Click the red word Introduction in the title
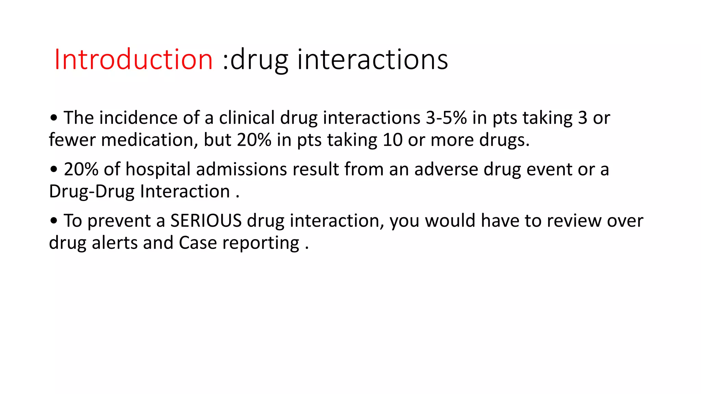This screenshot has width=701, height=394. click(133, 60)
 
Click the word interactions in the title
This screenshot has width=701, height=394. click(372, 60)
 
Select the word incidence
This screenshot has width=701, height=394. click(138, 118)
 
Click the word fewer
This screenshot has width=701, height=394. click(72, 140)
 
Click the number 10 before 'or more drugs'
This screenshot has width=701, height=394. click(393, 140)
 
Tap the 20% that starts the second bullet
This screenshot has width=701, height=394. click(81, 169)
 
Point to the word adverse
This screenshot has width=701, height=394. click(446, 169)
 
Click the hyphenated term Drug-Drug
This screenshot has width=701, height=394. click(92, 192)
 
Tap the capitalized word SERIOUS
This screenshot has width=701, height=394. click(206, 221)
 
